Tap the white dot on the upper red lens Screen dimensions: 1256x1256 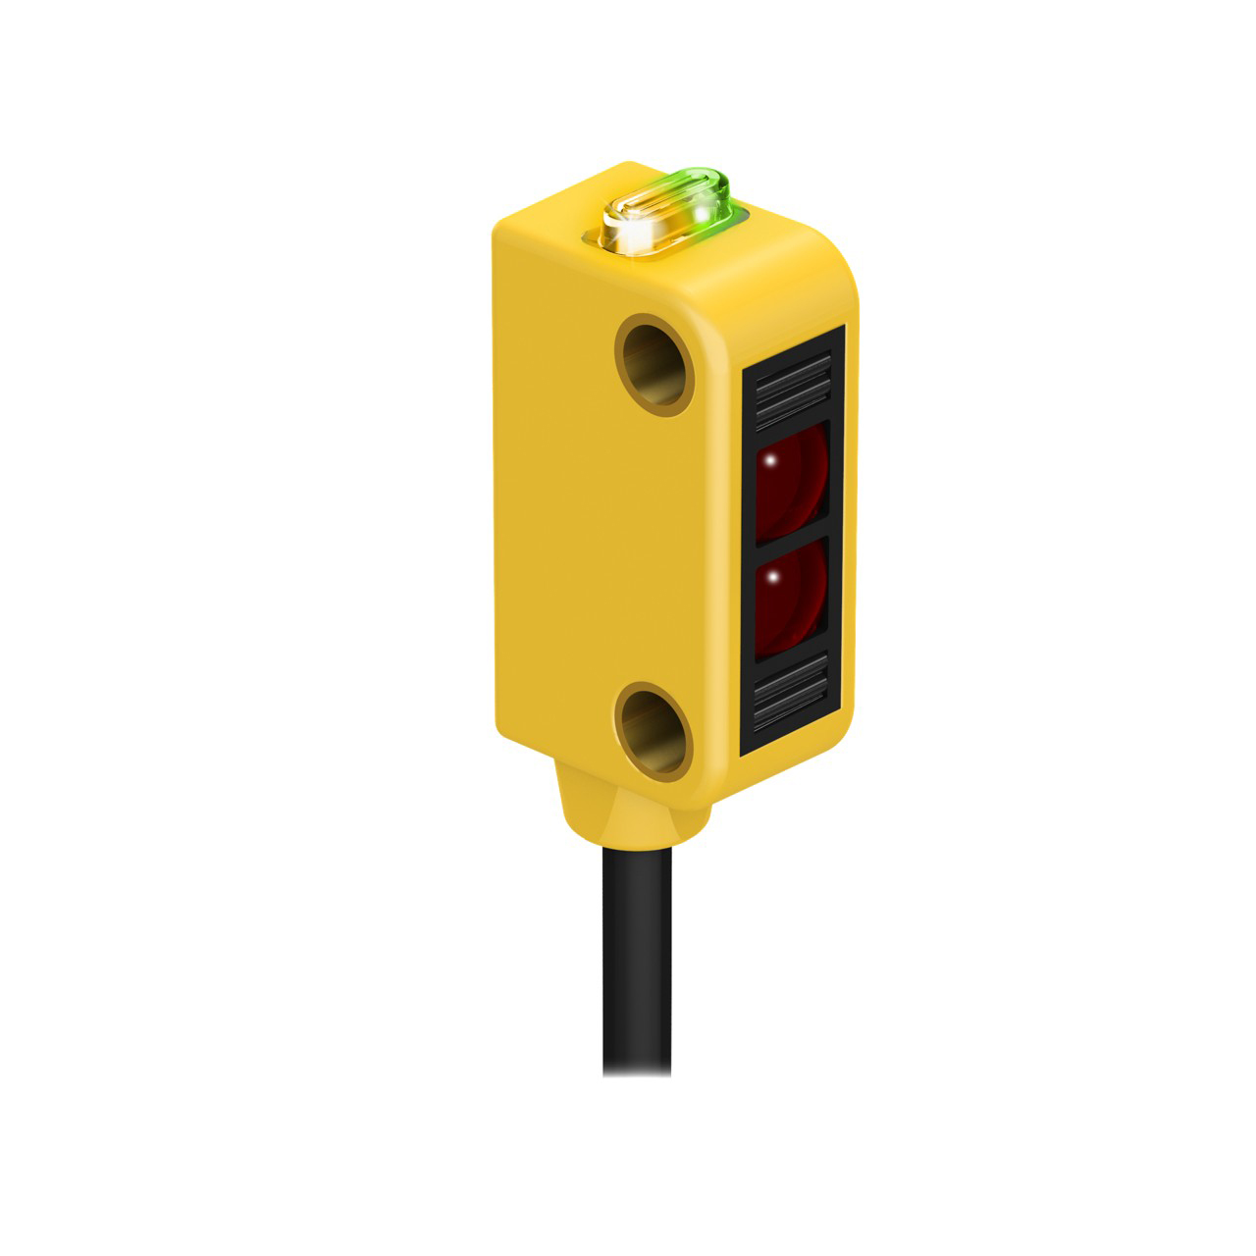[x=771, y=460]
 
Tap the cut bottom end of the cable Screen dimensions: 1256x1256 [x=636, y=1072]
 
